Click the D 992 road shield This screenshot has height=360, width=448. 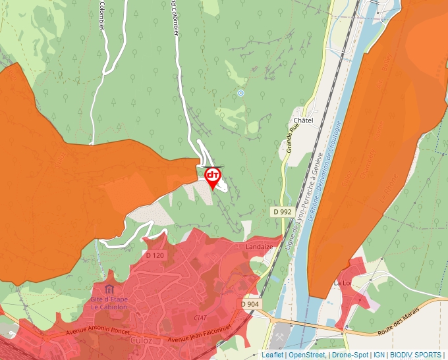click(282, 212)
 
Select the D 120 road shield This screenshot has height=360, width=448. click(155, 255)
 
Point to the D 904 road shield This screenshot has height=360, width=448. click(250, 304)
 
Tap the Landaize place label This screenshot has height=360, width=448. click(259, 247)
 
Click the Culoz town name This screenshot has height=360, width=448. click(140, 341)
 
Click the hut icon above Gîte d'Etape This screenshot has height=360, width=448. click(108, 290)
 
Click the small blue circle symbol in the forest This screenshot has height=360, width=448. click(240, 93)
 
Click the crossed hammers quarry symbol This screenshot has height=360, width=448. click(280, 336)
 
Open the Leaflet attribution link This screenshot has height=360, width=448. click(272, 355)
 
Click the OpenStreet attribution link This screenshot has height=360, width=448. click(306, 355)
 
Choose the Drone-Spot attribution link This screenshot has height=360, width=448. click(350, 355)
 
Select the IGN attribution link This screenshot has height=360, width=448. click(379, 355)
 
